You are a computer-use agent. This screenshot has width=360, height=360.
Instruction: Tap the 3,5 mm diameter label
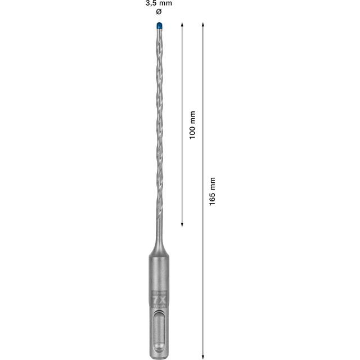160,4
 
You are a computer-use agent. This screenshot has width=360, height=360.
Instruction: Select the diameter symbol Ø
160,13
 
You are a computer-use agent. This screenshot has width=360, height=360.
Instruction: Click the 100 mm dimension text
192,125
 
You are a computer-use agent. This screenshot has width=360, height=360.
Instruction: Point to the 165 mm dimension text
212,191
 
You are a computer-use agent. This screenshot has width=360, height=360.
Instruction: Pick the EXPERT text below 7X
159,308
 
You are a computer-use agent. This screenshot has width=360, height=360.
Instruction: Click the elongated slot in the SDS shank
159,332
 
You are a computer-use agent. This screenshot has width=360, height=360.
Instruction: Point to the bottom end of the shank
159,354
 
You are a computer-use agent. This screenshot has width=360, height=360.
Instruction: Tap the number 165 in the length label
212,196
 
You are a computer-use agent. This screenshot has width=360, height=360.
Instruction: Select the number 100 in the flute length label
192,130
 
